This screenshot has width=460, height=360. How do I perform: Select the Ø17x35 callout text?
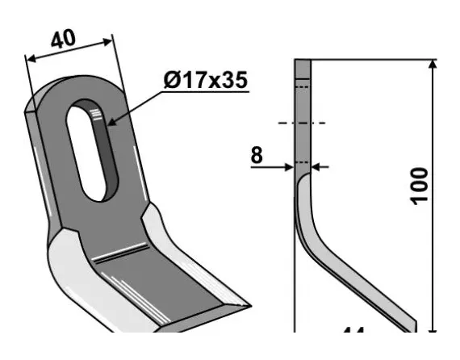pos(204,81)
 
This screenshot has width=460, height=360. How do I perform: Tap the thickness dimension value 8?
pos(257,155)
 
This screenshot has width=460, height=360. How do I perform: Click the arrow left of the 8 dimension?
pos(288,167)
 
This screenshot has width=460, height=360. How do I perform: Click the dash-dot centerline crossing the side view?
pos(303,123)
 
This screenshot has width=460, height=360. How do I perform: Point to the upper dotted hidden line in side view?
pos(303,86)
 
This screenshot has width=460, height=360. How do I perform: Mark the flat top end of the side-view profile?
pos(303,61)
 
